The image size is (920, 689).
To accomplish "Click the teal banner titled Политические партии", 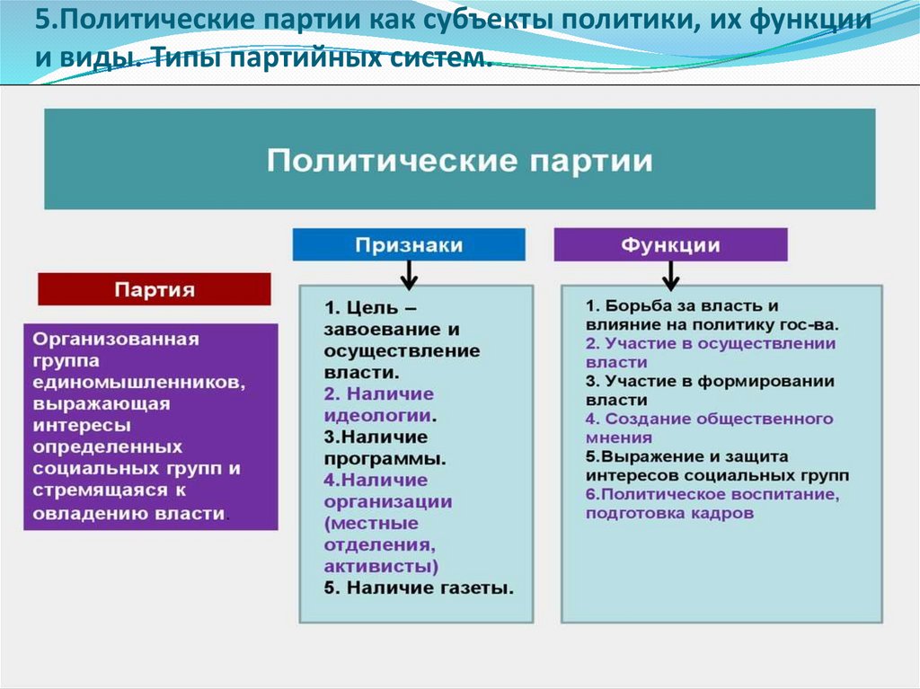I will point(459,160).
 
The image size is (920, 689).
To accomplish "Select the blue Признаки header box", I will point(409,244).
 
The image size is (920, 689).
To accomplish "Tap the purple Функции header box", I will point(670,244).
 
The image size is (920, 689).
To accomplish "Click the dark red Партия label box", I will point(154,290).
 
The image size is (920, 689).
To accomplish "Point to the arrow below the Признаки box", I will point(409,275).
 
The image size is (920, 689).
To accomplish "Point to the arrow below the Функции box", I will point(670,273).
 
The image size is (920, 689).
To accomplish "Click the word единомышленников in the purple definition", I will point(136,382).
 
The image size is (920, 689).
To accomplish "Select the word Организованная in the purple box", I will point(116,340).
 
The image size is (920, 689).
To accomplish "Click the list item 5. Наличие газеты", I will point(419,588).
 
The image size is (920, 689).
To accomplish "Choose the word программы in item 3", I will point(384,458).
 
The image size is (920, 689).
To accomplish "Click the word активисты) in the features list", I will point(381,566).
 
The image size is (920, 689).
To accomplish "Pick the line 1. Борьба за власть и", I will point(682,305).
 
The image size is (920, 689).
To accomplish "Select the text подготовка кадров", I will point(669,514).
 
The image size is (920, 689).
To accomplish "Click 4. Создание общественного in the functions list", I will point(709,420).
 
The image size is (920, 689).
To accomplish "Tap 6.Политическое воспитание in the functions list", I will point(712,495).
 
